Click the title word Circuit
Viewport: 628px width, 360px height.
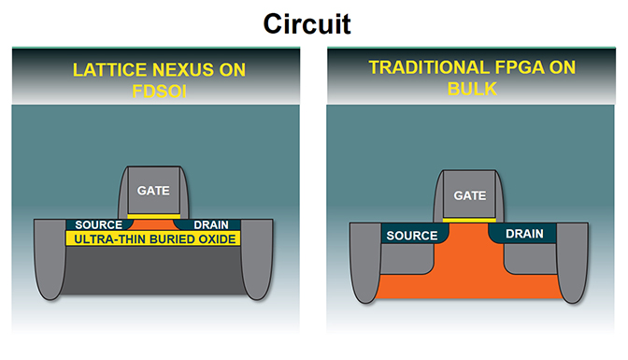306,22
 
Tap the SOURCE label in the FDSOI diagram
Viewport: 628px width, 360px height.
97,224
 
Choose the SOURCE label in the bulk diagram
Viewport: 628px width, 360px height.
412,236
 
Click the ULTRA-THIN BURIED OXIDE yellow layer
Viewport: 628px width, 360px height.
153,239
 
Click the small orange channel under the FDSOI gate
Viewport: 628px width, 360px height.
153,225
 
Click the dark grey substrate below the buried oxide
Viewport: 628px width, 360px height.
153,276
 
